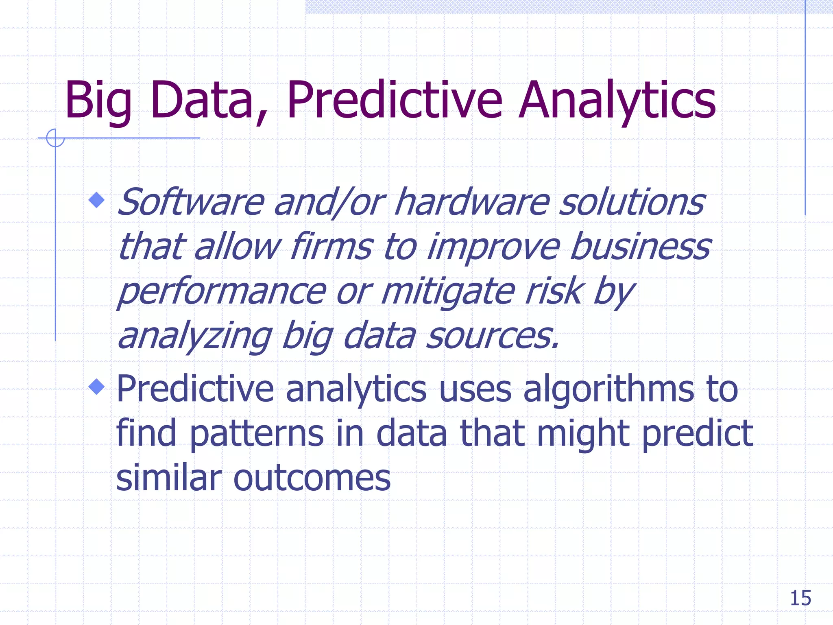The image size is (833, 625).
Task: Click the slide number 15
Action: coord(800,598)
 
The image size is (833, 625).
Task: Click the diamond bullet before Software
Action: coord(96,200)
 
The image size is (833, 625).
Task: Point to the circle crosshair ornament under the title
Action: coord(55,138)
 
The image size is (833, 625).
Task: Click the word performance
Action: coord(222,292)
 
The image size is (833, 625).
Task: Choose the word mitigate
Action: coord(448,292)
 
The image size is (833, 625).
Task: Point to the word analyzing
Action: coord(195,337)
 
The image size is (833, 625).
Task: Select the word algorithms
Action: coord(608,389)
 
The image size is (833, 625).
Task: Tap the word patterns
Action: coord(257,434)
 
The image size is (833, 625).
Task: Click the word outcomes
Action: coord(312,478)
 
